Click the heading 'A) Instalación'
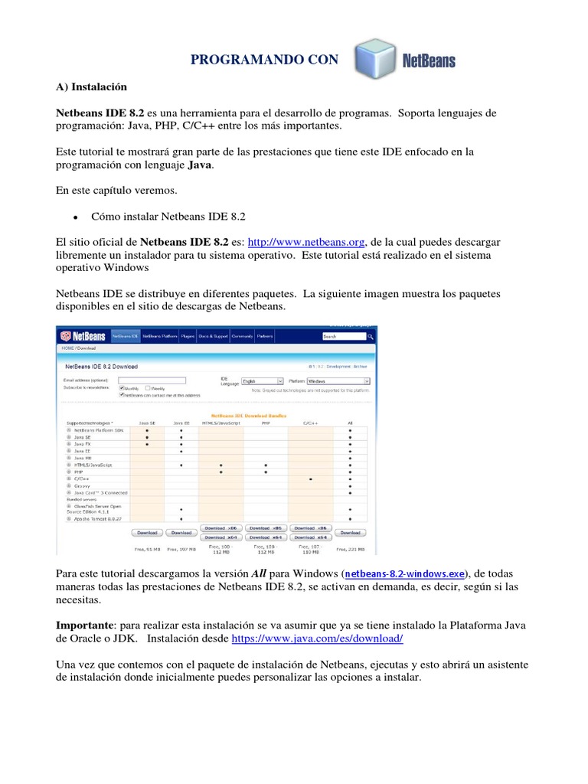[x=92, y=87]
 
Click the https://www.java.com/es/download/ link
[x=317, y=638]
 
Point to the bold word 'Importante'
[x=87, y=624]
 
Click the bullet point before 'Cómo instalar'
[x=76, y=217]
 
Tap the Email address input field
[x=152, y=380]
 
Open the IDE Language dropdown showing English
[x=262, y=381]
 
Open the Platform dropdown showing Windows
[x=338, y=381]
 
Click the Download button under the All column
[x=350, y=532]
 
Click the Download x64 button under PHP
[x=265, y=537]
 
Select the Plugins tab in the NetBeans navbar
[x=188, y=336]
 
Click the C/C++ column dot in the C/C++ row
[x=310, y=479]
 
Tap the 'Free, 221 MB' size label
[x=350, y=550]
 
